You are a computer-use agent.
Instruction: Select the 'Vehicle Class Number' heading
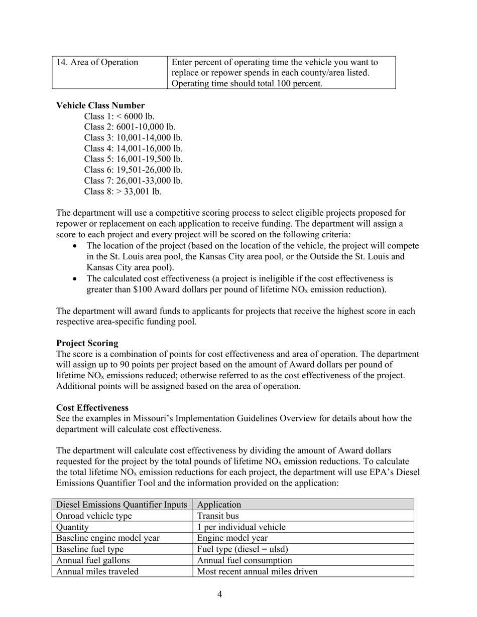click(100, 105)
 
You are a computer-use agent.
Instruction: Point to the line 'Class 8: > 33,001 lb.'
click(123, 192)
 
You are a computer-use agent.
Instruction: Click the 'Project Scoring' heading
click(87, 343)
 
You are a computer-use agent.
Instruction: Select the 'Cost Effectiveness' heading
click(92, 408)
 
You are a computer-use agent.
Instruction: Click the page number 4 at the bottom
click(220, 594)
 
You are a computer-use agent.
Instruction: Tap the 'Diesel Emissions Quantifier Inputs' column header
click(122, 505)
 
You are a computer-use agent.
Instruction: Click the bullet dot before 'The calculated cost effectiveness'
click(76, 279)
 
